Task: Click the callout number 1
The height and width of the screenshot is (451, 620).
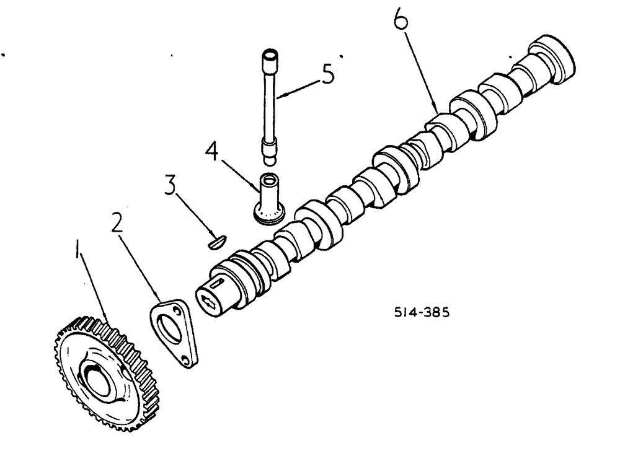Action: click(78, 251)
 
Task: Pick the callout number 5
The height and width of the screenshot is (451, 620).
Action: click(325, 75)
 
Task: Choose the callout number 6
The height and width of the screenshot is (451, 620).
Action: click(402, 22)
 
